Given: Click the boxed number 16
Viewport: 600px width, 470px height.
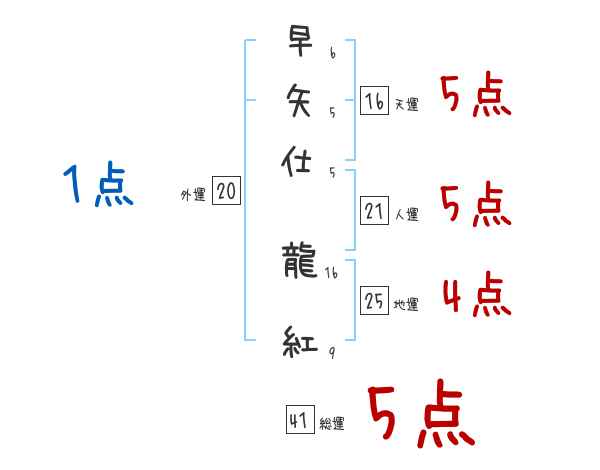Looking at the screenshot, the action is [x=373, y=101].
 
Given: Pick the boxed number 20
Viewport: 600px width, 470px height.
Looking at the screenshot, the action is [x=227, y=192].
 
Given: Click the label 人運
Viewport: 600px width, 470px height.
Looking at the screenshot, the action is [x=407, y=214].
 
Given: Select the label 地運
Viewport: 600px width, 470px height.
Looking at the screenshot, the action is [x=407, y=305].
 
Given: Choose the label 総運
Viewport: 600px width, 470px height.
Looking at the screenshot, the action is [x=332, y=424].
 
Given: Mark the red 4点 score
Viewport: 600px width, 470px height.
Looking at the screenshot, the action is [x=475, y=296].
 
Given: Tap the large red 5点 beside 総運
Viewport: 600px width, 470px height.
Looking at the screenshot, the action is [x=420, y=415].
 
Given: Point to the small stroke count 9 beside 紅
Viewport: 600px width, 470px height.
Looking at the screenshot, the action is [x=330, y=352].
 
